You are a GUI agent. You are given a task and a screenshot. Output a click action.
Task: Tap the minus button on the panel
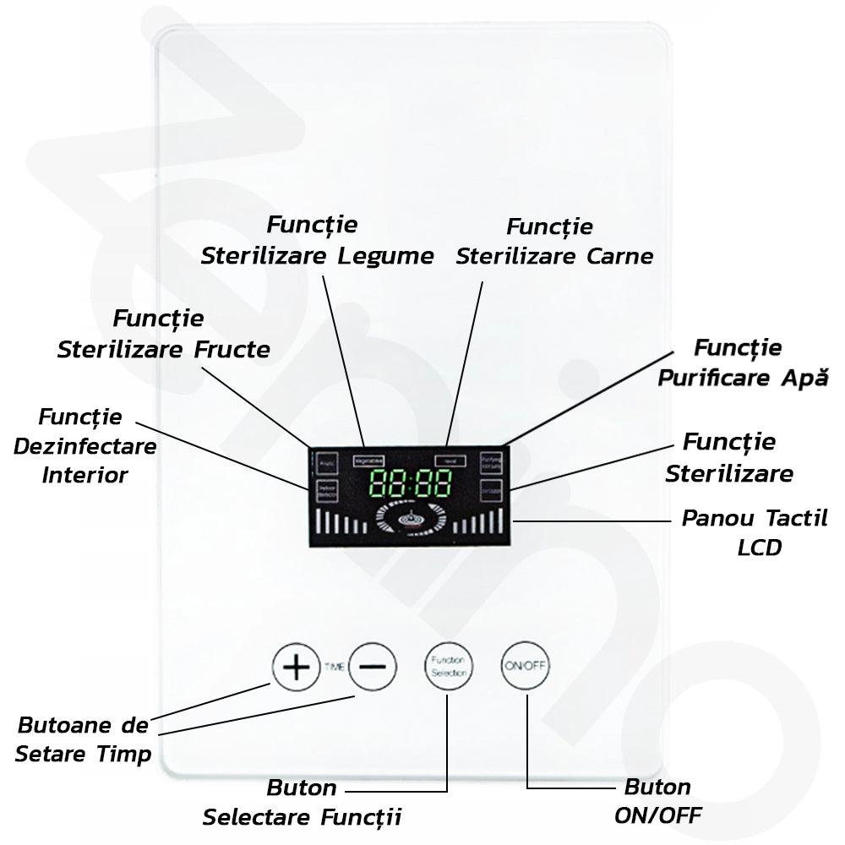coord(373,666)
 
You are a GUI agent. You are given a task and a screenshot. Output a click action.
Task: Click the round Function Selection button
coord(449,666)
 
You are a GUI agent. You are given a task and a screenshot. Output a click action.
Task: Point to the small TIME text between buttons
coord(334,667)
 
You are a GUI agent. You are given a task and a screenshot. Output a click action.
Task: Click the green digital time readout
coord(411,485)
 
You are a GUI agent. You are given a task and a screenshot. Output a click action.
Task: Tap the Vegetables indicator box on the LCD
coord(368,460)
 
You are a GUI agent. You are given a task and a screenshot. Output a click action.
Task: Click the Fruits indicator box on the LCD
coord(327,463)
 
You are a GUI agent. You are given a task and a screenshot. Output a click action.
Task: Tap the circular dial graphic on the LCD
coord(410,520)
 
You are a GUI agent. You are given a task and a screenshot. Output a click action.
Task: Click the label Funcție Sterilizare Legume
coord(317,241)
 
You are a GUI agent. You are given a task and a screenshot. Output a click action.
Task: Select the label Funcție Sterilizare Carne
coord(554,241)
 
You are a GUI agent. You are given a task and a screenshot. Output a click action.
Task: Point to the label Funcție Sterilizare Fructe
coord(163,335)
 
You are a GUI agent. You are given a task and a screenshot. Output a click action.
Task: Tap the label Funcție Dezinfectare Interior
coord(84,445)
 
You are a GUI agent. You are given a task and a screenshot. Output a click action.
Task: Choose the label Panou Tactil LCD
coord(755,532)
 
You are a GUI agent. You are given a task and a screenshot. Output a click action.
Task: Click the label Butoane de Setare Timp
coord(83,739)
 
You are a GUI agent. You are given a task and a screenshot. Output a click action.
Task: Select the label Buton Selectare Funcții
coord(302,803)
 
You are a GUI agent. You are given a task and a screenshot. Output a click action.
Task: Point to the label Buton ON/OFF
coord(658,801)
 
